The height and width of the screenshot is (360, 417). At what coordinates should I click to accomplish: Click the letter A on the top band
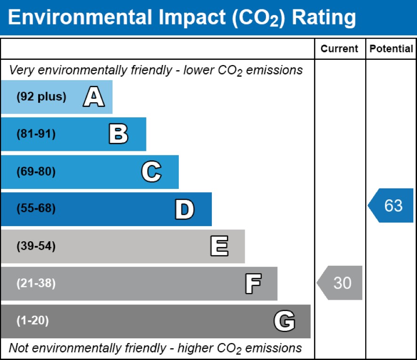(94, 98)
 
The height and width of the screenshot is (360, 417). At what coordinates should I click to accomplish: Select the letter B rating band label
(118, 134)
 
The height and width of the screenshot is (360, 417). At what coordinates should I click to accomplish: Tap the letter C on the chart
(152, 172)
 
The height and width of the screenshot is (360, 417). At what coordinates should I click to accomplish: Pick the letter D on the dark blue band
(184, 209)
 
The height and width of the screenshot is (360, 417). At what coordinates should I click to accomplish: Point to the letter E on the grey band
(219, 246)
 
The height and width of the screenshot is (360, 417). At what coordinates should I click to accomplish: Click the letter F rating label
(253, 284)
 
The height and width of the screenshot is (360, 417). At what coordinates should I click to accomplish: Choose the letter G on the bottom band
(284, 321)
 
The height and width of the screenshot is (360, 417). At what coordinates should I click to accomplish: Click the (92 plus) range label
(41, 97)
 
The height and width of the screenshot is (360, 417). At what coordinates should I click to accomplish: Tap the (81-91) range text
(36, 134)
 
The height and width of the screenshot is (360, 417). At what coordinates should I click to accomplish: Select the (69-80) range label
(36, 172)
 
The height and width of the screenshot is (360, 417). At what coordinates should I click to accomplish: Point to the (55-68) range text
(36, 209)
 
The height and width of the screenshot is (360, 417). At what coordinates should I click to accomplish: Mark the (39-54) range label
(36, 246)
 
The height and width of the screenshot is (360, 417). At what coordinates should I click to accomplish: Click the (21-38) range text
(36, 284)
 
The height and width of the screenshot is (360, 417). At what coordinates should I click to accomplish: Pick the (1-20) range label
(33, 321)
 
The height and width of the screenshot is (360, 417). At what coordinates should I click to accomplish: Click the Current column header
(339, 49)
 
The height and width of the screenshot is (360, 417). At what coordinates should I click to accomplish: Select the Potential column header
(391, 49)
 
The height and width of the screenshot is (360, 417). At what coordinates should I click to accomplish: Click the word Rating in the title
(324, 17)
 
